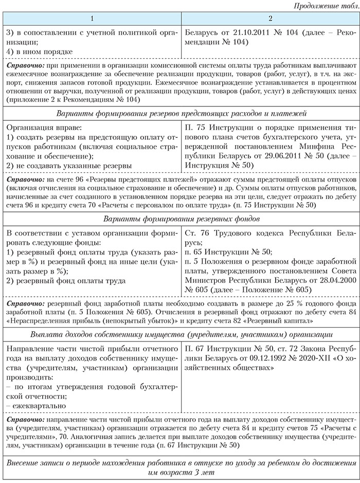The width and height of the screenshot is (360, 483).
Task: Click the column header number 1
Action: (x=92, y=18)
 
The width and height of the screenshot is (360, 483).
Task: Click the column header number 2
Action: (x=270, y=18)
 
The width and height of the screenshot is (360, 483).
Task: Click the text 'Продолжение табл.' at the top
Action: (x=324, y=6)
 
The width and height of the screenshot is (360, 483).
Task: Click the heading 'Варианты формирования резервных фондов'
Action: (x=179, y=219)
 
